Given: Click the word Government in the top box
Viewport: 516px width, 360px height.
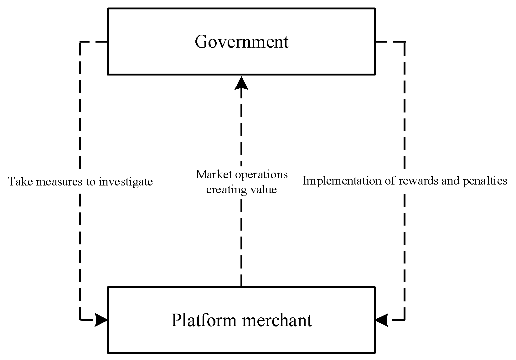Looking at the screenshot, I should pos(241,42).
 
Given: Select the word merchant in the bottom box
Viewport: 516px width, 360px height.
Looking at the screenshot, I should pos(277,320).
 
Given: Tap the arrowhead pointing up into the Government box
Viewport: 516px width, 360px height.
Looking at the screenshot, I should pos(241,83).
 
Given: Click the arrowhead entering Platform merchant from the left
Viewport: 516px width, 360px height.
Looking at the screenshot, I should pos(101,320).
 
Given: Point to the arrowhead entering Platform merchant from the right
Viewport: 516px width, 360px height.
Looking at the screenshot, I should pos(381,320).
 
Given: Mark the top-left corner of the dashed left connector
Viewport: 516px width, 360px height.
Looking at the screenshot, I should pos(80,42).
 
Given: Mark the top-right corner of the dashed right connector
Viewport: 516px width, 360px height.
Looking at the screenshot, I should pos(405,42).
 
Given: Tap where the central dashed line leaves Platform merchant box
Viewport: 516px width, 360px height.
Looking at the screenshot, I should pos(241,286).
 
